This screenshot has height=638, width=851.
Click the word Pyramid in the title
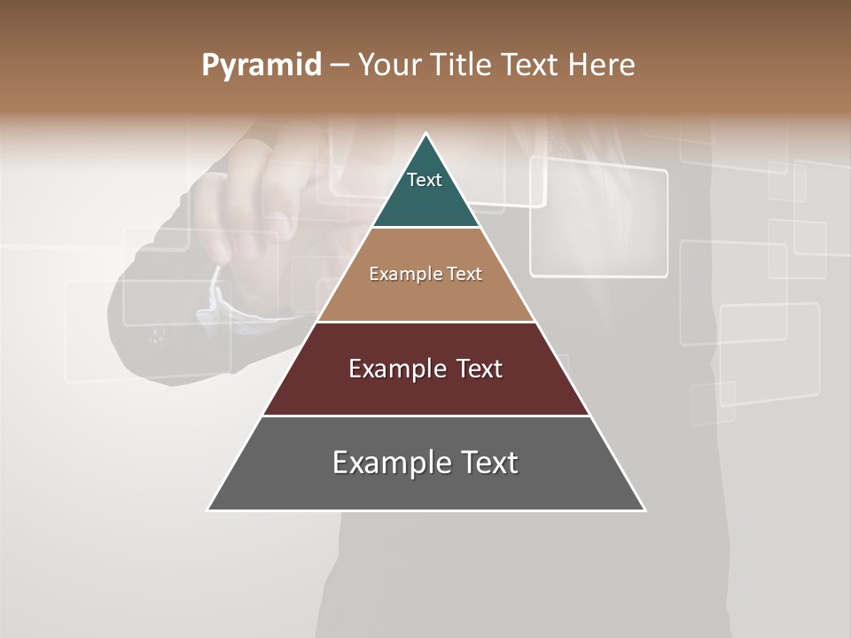(261, 66)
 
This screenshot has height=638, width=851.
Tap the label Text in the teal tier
(425, 180)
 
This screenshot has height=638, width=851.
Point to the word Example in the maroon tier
(390, 369)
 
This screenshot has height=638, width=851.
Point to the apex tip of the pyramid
(426, 134)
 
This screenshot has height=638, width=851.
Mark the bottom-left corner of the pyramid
(208, 510)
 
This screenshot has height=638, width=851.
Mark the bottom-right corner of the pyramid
(644, 510)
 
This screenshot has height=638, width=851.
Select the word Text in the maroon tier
(473, 369)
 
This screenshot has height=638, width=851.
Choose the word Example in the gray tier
(386, 463)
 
